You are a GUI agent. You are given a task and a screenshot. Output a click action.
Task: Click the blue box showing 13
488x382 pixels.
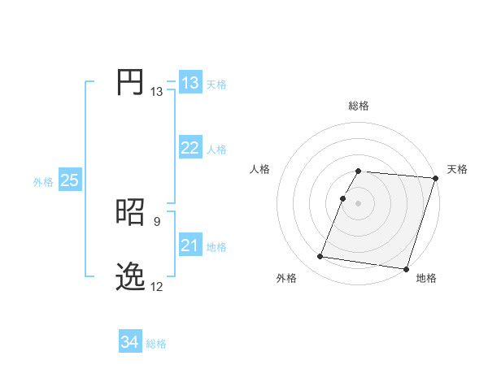coord(190,83)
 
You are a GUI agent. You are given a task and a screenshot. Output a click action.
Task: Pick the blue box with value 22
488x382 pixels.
coord(190,148)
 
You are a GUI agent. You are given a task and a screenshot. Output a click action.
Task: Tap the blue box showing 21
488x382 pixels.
coord(190,245)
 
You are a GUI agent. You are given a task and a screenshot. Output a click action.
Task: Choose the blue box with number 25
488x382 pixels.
coord(70,180)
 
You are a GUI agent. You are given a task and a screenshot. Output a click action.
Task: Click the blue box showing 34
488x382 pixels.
coord(129,342)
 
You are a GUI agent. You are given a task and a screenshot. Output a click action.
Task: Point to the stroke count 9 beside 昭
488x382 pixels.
coord(156,219)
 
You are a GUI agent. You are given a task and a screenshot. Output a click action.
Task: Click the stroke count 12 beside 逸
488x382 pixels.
coord(156,287)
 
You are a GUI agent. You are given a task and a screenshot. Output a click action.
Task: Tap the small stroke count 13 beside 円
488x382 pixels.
coord(156,92)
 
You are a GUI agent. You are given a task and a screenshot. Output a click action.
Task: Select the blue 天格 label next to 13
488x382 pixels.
coord(216,85)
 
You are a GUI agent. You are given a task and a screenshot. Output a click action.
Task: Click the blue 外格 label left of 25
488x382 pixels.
coord(43,182)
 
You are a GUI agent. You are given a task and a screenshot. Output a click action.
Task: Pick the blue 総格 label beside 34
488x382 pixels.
coord(156,344)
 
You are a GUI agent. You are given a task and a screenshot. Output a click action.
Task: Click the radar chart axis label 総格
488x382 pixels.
coord(359,106)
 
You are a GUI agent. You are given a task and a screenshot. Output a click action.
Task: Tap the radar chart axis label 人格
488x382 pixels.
coord(260,169)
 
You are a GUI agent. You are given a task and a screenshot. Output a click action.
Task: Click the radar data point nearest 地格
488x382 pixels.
coord(405,268)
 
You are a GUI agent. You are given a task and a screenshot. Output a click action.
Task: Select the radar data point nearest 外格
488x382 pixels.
coord(320,257)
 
